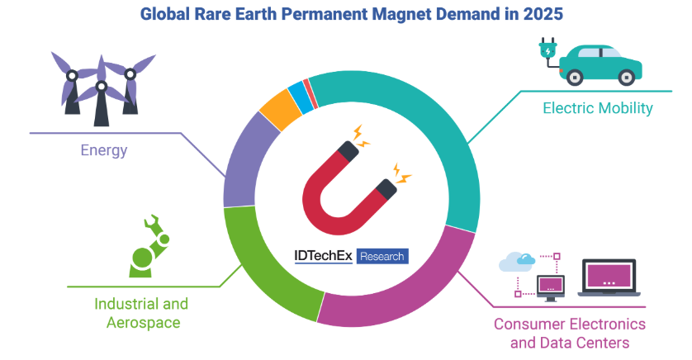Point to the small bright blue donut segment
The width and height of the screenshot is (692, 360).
click(x=301, y=98)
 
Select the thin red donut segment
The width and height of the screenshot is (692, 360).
click(x=310, y=93)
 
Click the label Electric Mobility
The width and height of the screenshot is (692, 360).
click(x=598, y=107)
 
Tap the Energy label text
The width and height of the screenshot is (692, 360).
click(x=104, y=150)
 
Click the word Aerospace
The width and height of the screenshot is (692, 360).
click(x=144, y=323)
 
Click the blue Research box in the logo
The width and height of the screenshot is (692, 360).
click(x=382, y=256)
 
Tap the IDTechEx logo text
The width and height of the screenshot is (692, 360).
click(x=323, y=256)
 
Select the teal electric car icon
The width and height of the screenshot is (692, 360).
click(x=600, y=64)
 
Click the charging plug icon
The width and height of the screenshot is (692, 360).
click(x=548, y=53)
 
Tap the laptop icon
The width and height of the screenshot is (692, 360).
click(x=609, y=277)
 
